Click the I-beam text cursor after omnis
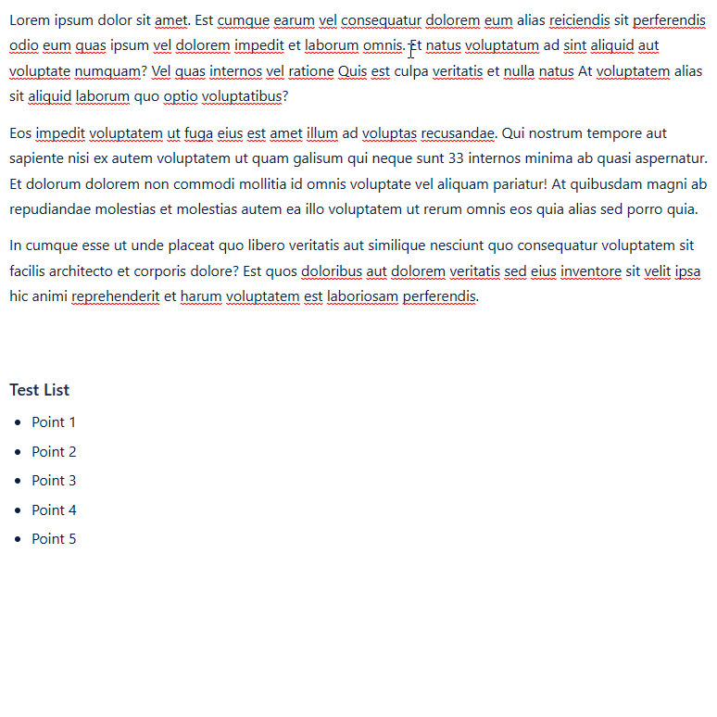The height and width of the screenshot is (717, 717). (x=411, y=48)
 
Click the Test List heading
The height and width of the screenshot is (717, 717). (x=40, y=390)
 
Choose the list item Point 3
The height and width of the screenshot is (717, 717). (x=54, y=480)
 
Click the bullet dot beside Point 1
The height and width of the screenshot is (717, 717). (x=18, y=422)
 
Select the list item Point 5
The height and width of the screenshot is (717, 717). (x=54, y=538)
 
